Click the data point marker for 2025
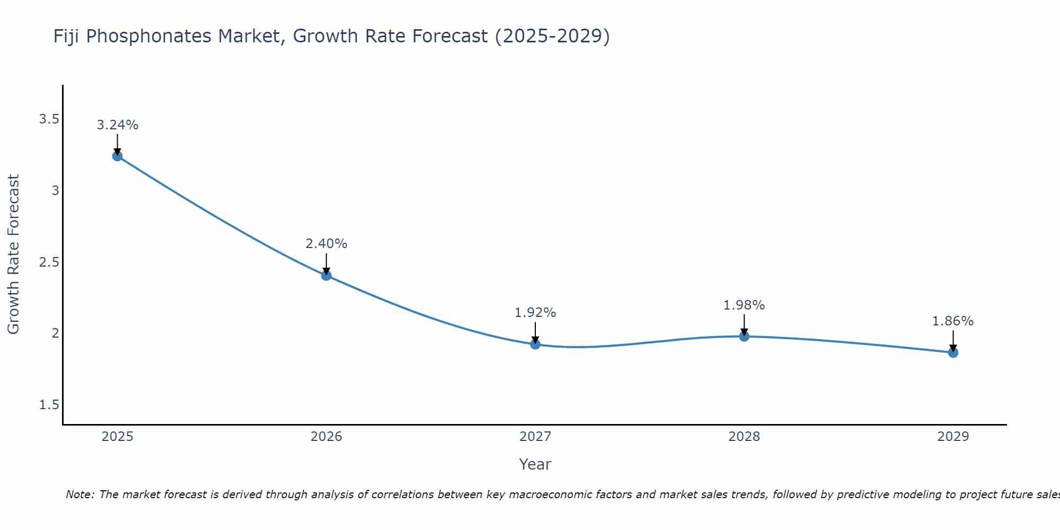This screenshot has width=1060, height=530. pyautogui.click(x=117, y=156)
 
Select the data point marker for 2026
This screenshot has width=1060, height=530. pyautogui.click(x=326, y=275)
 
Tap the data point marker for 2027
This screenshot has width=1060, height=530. pyautogui.click(x=535, y=344)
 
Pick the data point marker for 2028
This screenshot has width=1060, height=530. pyautogui.click(x=744, y=336)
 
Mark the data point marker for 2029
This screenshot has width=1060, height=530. pyautogui.click(x=953, y=352)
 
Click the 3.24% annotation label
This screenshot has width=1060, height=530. pyautogui.click(x=117, y=125)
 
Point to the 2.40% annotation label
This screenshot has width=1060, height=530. pyautogui.click(x=326, y=244)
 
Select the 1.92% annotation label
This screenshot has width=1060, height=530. pyautogui.click(x=535, y=313)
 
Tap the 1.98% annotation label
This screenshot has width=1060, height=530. pyautogui.click(x=744, y=305)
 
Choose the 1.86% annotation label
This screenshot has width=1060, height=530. pyautogui.click(x=953, y=321)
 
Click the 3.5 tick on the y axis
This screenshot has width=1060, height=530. pyautogui.click(x=49, y=119)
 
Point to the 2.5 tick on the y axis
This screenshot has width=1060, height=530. pyautogui.click(x=49, y=262)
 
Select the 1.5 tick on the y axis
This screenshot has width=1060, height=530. pyautogui.click(x=49, y=405)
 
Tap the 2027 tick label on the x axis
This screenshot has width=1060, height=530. pyautogui.click(x=535, y=437)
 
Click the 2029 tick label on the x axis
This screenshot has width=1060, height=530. pyautogui.click(x=953, y=437)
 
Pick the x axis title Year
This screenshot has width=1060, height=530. pyautogui.click(x=535, y=464)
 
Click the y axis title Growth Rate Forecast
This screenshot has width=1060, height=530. pyautogui.click(x=14, y=254)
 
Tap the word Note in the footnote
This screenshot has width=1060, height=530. pyautogui.click(x=79, y=494)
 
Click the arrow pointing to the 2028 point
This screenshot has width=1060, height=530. pyautogui.click(x=744, y=324)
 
